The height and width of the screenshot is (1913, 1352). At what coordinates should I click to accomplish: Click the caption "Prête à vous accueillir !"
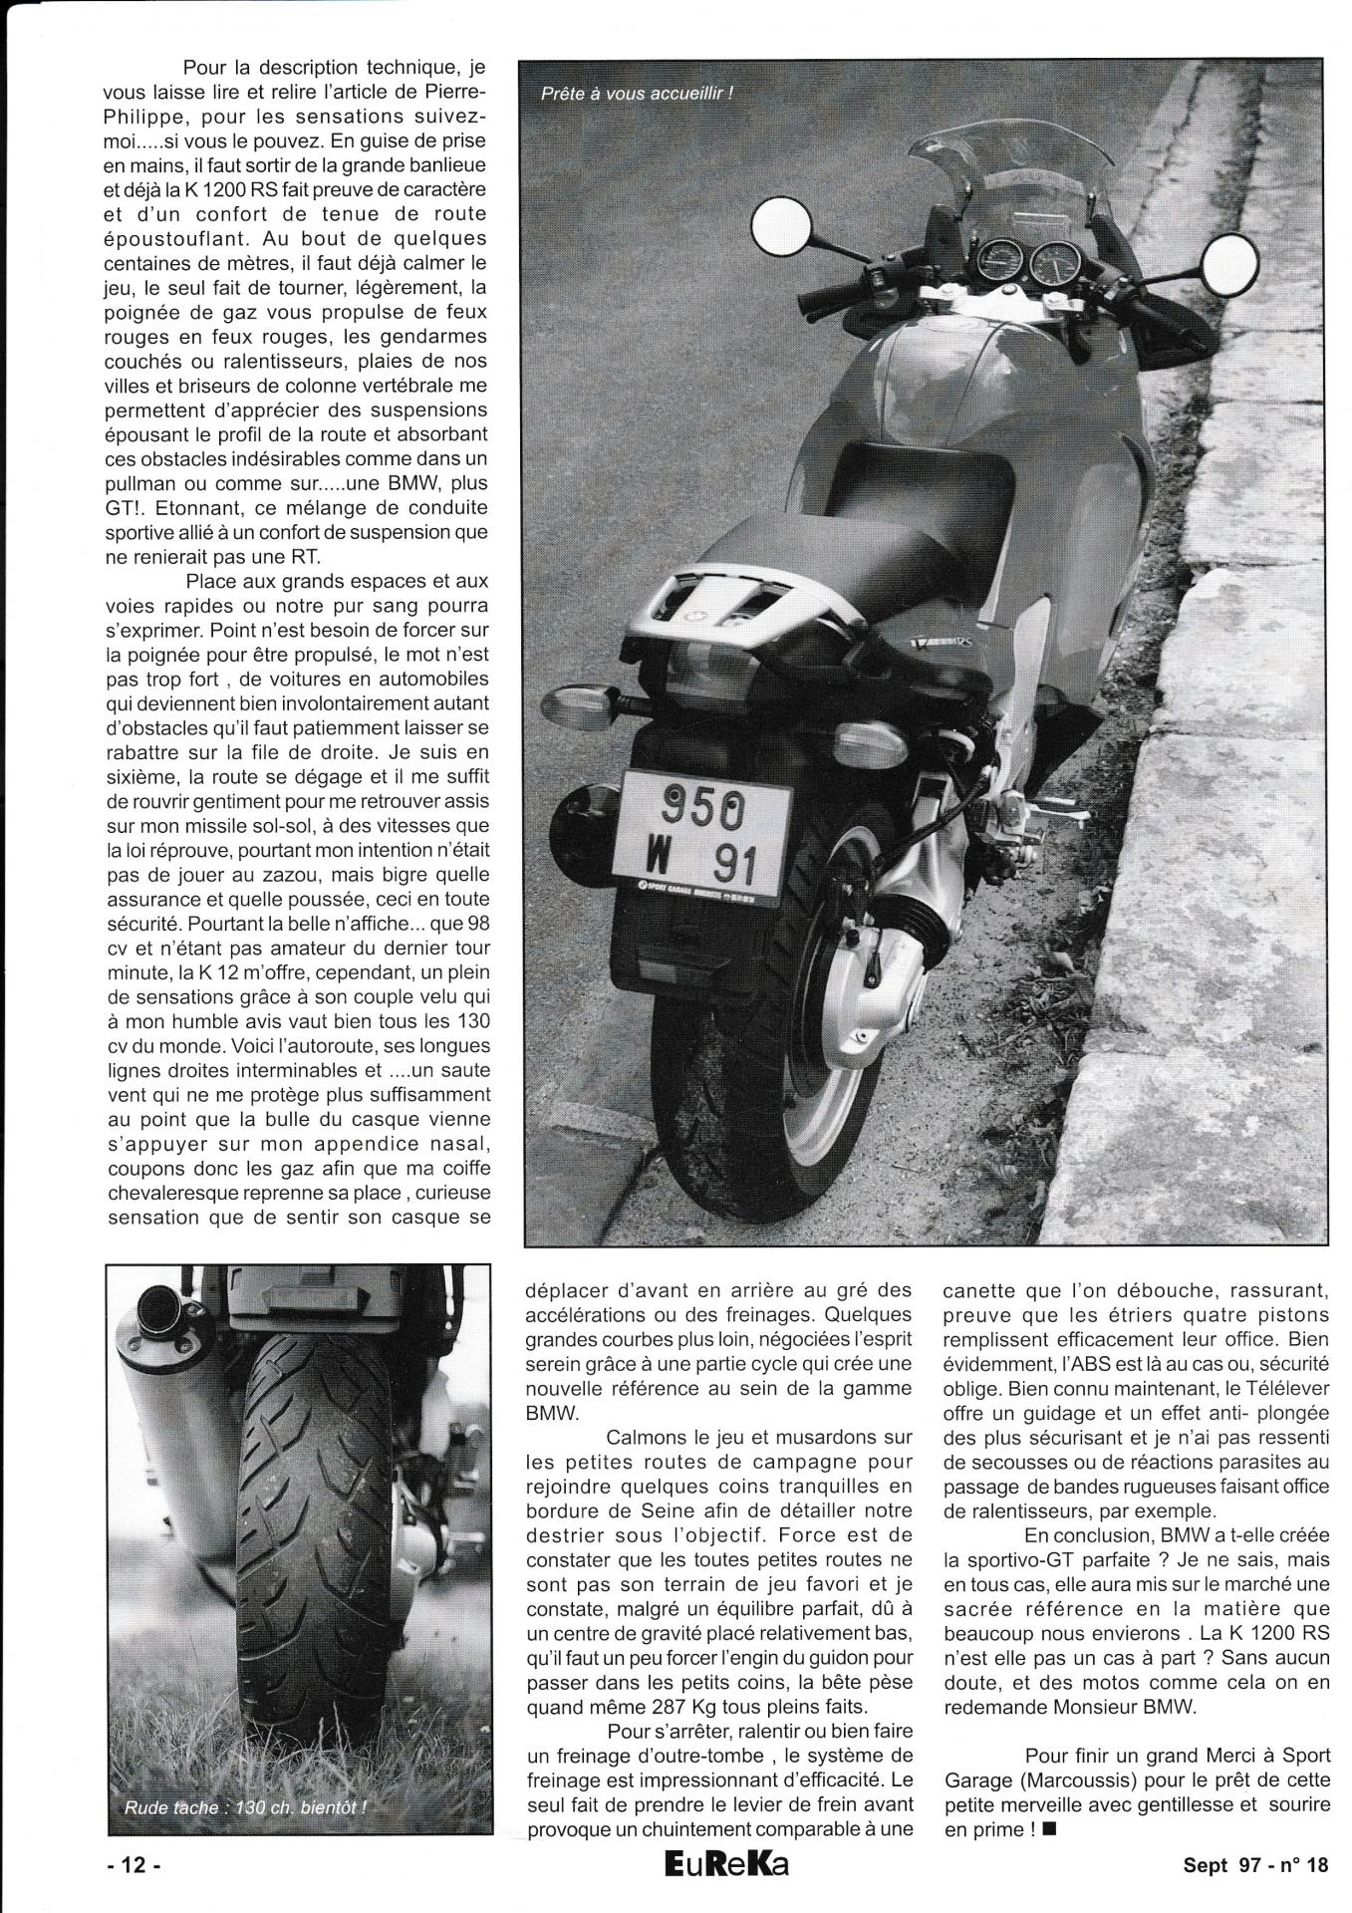click(x=637, y=96)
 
